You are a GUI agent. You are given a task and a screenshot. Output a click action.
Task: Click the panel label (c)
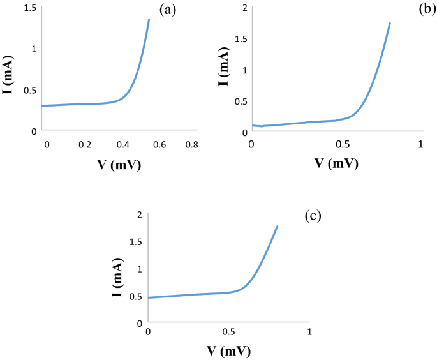313,215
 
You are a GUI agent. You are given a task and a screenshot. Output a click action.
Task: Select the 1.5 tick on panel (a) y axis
29,8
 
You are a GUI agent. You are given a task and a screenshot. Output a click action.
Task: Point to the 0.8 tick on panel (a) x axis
191,146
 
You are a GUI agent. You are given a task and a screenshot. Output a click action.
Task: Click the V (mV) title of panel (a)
118,166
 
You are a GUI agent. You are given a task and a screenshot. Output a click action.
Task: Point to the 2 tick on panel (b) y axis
244,7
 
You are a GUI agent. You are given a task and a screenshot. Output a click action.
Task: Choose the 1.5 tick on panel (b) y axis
240,38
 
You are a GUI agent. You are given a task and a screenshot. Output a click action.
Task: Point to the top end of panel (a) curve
149,20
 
